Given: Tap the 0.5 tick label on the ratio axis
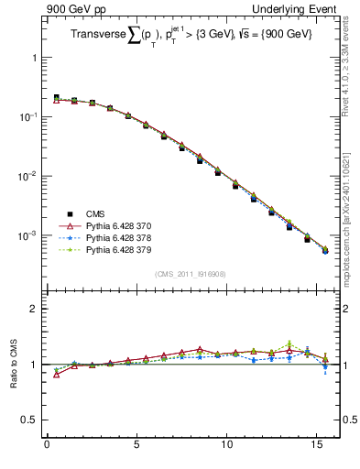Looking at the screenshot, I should coord(30,420).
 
